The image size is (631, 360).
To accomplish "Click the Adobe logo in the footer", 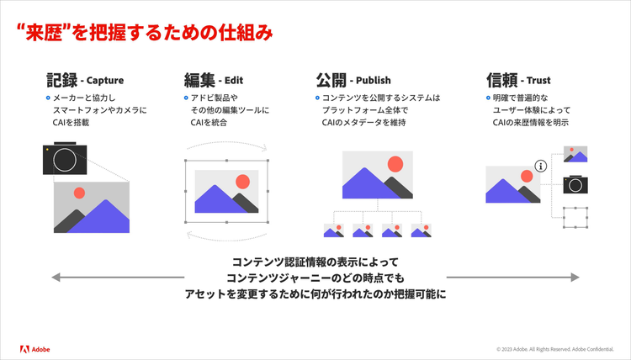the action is click(x=35, y=349).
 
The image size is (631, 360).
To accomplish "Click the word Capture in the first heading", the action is click(x=105, y=81).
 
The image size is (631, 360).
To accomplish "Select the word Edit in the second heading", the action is click(x=234, y=81).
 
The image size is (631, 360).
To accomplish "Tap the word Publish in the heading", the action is click(x=373, y=81).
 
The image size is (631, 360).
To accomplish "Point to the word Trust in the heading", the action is click(x=538, y=81).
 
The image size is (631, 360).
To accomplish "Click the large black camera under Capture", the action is click(x=65, y=158).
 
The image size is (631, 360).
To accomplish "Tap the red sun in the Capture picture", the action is click(x=79, y=193).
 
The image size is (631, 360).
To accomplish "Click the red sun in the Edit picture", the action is click(x=242, y=182).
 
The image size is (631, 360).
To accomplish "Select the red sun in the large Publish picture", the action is click(x=395, y=164).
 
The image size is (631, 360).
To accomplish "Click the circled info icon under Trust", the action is click(x=541, y=166).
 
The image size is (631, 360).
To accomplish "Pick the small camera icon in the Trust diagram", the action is click(x=575, y=184).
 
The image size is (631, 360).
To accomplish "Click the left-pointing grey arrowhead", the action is click(x=56, y=277).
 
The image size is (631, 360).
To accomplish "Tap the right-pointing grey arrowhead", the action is click(x=575, y=277).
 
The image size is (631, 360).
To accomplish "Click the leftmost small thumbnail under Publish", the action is click(x=334, y=230).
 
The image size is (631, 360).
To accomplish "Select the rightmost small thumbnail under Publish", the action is click(x=421, y=230).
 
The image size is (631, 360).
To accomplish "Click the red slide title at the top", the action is click(x=145, y=33).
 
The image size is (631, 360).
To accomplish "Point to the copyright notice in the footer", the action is click(x=555, y=349).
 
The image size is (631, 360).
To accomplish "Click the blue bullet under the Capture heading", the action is click(x=48, y=98).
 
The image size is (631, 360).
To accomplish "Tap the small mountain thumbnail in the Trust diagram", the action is click(x=575, y=154).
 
